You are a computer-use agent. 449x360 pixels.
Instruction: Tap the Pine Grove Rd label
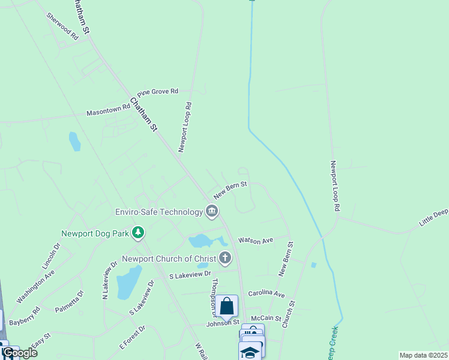point(158,92)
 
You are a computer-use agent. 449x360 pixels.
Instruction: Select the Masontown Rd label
point(108,110)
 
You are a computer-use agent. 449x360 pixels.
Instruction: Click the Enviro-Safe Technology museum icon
point(212,211)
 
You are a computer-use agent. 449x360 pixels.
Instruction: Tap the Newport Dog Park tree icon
point(138,232)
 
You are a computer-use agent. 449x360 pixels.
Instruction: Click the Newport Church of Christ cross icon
point(224,259)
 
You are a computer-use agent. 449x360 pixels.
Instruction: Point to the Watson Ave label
point(255,241)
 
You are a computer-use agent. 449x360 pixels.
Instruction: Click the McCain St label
point(267,318)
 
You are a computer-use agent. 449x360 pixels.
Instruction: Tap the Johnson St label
point(223,323)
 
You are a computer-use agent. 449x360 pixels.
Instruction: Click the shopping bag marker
point(228,306)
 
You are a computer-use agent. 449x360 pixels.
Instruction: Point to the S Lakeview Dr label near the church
point(191,275)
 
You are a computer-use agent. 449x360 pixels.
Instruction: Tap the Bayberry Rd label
point(25,316)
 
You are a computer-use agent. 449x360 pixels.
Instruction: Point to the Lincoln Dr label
point(52,257)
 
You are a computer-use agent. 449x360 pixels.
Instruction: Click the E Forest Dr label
point(132,337)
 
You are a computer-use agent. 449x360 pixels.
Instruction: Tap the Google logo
point(20,353)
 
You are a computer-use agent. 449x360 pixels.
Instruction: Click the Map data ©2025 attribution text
point(423,355)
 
